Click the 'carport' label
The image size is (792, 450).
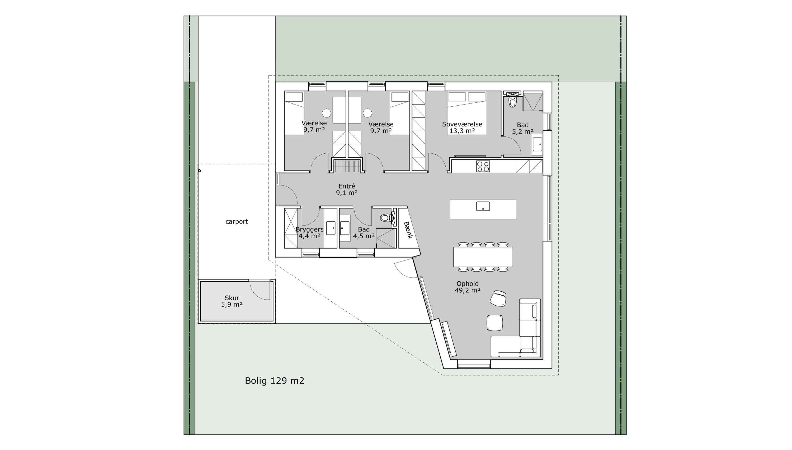(237, 222)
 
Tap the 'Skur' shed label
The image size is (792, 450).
(232, 298)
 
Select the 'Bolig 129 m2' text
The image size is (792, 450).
(275, 381)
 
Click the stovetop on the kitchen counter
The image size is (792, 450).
(483, 166)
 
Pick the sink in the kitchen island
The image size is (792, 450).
(483, 206)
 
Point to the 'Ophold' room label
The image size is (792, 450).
(467, 283)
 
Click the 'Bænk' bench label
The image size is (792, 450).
(408, 230)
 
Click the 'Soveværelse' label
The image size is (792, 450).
(462, 124)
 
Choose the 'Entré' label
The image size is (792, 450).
(347, 186)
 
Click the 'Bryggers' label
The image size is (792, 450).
(309, 229)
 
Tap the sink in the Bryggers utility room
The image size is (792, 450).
(331, 228)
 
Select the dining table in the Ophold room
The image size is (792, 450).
(483, 257)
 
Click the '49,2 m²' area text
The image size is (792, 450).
(467, 290)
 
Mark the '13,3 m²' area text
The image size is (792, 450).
(462, 131)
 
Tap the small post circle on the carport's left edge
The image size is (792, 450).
(199, 170)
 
